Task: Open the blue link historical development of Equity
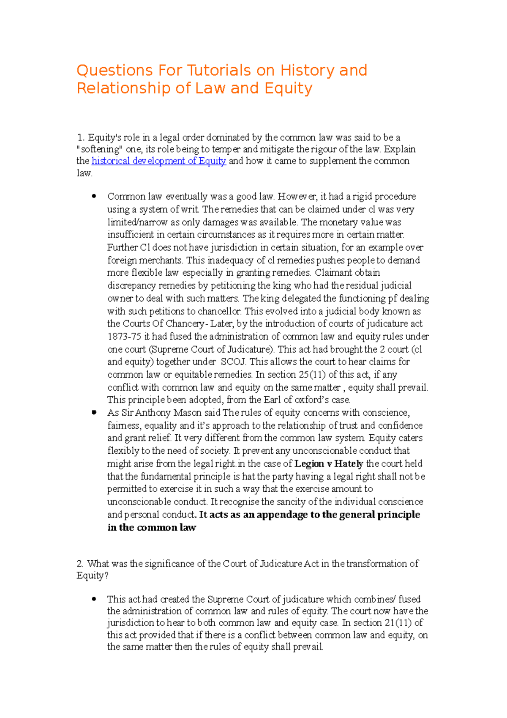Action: click(159, 161)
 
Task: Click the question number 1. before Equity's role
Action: click(81, 137)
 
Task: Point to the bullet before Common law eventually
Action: click(94, 196)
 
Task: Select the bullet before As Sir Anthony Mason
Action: click(94, 412)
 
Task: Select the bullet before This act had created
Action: click(94, 599)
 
